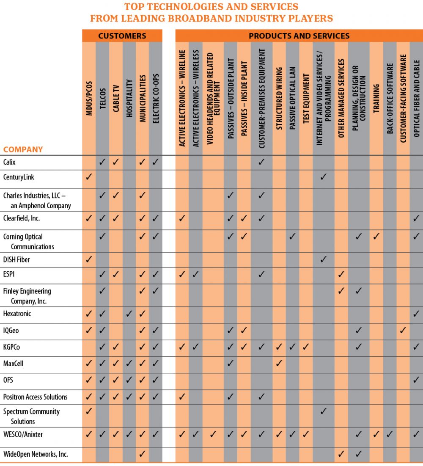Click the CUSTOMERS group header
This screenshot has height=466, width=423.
(122, 36)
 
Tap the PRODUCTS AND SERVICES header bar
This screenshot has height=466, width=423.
(299, 36)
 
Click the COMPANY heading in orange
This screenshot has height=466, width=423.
(23, 149)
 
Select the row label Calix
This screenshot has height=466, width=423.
(9, 162)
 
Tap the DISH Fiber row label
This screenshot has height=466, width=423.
(16, 259)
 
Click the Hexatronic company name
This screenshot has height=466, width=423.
(17, 314)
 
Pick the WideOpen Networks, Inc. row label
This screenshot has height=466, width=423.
(36, 454)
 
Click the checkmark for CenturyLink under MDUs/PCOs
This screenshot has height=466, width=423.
(89, 177)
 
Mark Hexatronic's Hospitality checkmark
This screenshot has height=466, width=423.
(129, 314)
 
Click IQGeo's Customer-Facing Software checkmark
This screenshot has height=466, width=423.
(403, 330)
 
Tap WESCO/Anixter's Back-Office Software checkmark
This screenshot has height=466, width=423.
(390, 434)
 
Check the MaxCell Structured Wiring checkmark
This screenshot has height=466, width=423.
(279, 363)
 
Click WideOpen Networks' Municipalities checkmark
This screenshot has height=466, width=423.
(143, 454)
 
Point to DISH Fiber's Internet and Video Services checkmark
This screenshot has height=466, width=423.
(323, 259)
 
